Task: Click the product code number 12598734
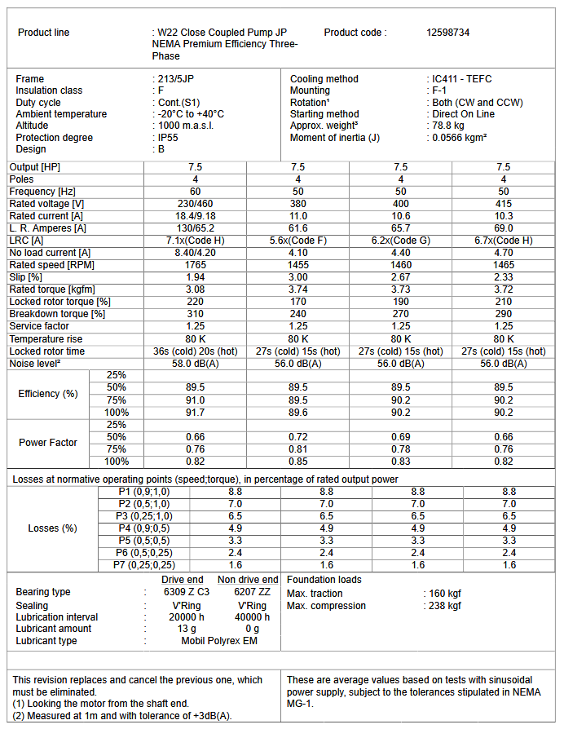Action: (x=447, y=33)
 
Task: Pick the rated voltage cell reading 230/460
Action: (x=195, y=204)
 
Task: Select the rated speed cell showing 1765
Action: (x=195, y=265)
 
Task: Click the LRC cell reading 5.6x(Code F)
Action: (x=298, y=241)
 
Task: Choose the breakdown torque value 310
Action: (x=195, y=314)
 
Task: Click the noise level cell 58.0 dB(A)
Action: (x=195, y=364)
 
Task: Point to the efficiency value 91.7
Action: (x=195, y=413)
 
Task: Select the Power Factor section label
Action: (x=48, y=443)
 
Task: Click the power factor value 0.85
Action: (x=298, y=462)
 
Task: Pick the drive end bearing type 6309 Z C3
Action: (x=187, y=592)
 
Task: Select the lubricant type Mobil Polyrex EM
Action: (x=218, y=641)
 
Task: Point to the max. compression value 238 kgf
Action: (x=445, y=606)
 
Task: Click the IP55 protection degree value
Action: (x=168, y=138)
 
